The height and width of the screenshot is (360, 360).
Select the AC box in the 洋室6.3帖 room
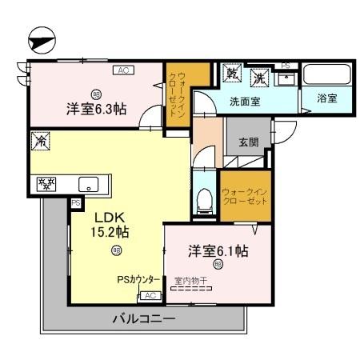pos(122,71)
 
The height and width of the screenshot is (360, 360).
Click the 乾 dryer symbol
pos(233,72)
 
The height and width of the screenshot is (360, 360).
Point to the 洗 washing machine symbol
pos(259,78)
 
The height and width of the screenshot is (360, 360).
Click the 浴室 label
pos(326,98)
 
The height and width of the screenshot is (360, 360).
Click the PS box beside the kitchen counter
pos(76,203)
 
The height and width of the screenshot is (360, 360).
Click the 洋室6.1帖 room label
pos(218,251)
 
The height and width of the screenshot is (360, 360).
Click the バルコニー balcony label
pos(142,318)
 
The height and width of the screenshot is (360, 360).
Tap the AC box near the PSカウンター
pos(148,295)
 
